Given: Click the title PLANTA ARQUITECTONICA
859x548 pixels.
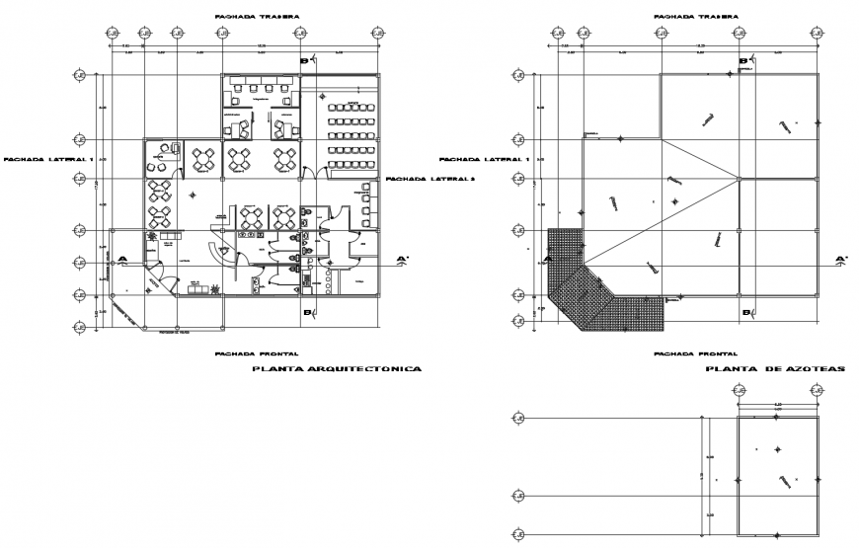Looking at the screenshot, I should point(337,368).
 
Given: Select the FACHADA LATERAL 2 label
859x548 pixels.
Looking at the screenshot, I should point(430,179).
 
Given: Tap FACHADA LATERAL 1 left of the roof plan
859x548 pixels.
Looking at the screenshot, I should point(484,159).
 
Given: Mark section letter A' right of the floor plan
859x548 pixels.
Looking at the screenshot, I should point(402,261).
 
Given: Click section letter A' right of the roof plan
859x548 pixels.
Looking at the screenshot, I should point(840,261).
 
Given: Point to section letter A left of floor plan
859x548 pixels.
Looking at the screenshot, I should point(122,260).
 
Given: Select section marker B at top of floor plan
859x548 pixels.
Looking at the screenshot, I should point(305,61).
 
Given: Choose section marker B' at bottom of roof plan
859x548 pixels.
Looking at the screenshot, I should point(745,313).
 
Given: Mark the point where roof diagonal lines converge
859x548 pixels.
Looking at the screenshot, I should point(739,179).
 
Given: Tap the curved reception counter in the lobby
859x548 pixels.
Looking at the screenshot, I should point(224,253).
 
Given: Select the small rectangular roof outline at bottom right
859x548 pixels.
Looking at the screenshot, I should point(778,475).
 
